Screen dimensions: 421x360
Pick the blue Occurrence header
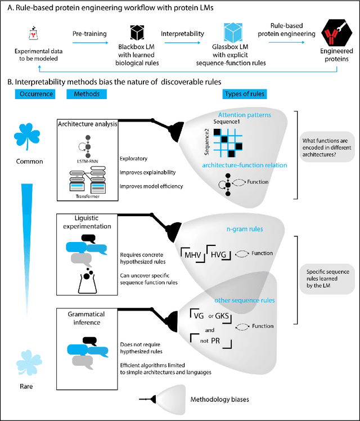click(31, 93)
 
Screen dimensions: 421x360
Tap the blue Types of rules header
click(245, 93)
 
